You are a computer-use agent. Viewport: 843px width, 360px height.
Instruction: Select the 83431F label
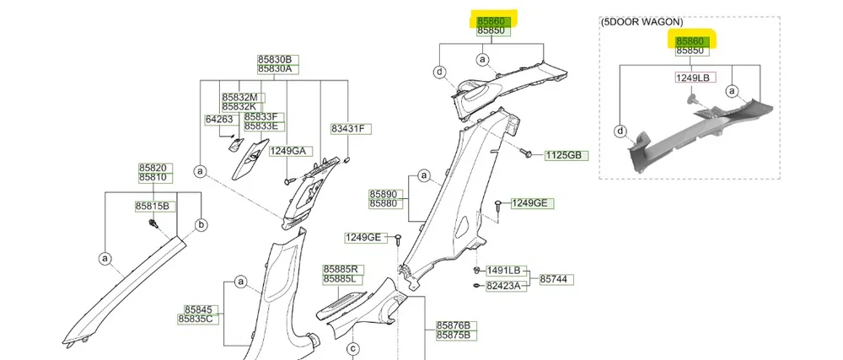coord(346,129)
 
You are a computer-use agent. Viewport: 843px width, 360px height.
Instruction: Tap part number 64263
coord(219,121)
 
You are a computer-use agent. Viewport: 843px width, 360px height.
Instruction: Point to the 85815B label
coord(153,207)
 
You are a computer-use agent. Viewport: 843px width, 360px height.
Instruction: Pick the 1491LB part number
coord(504,271)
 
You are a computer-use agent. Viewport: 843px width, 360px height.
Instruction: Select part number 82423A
coord(504,287)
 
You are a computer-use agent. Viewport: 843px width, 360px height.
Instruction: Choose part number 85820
coord(155,168)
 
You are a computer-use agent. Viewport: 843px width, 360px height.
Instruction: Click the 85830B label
coord(274,60)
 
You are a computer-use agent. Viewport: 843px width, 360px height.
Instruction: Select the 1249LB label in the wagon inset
coord(695,78)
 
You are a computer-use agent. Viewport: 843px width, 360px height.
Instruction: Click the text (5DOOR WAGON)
coord(642,23)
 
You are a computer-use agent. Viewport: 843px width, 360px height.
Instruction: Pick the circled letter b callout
coord(201,224)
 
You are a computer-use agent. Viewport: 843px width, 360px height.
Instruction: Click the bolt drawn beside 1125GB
coord(528,154)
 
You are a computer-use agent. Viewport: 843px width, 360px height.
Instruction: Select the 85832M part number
coord(239,97)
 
